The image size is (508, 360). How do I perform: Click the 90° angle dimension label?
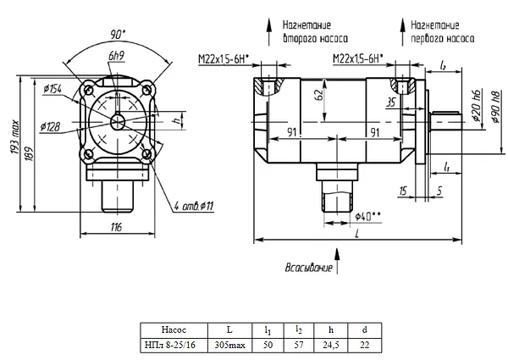[x=118, y=35]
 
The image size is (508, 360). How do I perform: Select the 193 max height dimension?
[x=15, y=138]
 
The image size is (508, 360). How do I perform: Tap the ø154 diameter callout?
[x=52, y=88]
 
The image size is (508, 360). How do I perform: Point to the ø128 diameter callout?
[x=50, y=126]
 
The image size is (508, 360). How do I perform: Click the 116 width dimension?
[x=116, y=227]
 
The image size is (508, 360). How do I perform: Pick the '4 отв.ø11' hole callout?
[x=193, y=206]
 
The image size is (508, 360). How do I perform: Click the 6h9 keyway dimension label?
[x=117, y=56]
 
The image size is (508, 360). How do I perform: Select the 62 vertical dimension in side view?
[x=319, y=94]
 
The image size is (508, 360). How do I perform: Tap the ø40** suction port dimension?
[x=367, y=216]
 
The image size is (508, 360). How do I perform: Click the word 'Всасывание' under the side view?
[x=309, y=268]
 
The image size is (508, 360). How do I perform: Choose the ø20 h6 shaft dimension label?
[x=477, y=105]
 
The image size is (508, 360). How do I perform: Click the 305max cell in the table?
[x=229, y=345]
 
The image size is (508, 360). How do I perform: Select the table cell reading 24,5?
[x=331, y=345]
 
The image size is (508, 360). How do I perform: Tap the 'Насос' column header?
[x=174, y=330]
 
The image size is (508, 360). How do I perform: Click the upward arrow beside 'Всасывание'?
[x=337, y=261]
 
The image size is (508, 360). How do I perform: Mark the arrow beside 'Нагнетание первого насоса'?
[x=403, y=31]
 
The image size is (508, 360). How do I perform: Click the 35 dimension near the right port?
[x=390, y=102]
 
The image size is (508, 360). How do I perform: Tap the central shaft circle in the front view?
[x=118, y=123]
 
